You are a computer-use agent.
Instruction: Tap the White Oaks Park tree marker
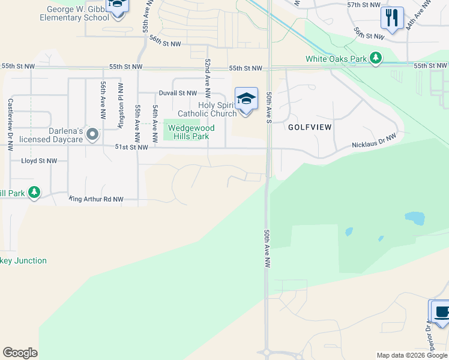pyautogui.click(x=376, y=58)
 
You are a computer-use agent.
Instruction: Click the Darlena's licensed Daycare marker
pyautogui.click(x=92, y=134)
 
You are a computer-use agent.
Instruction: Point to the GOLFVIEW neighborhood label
pyautogui.click(x=309, y=127)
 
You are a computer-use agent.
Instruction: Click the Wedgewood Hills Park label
pyautogui.click(x=188, y=132)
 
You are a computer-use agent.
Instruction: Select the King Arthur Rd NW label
pyautogui.click(x=96, y=199)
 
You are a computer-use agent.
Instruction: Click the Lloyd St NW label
pyautogui.click(x=39, y=161)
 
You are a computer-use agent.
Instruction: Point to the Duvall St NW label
pyautogui.click(x=178, y=93)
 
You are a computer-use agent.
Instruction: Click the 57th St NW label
pyautogui.click(x=364, y=5)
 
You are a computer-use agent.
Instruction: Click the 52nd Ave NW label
pyautogui.click(x=208, y=78)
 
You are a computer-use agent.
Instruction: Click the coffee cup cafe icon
pyautogui.click(x=441, y=312)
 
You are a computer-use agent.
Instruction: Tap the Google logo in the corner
pyautogui.click(x=20, y=353)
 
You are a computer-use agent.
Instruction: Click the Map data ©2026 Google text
pyautogui.click(x=412, y=355)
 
